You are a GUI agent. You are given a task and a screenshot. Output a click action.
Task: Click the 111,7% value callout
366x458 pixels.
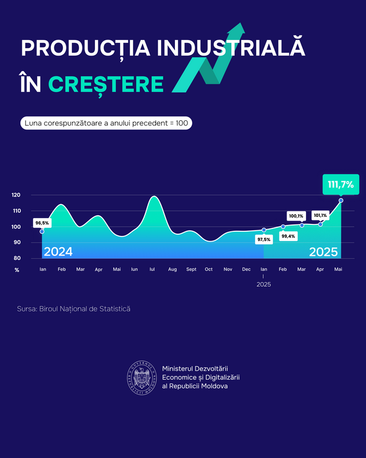pos(341,184)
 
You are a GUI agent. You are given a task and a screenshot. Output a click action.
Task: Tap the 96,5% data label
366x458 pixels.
pos(42,223)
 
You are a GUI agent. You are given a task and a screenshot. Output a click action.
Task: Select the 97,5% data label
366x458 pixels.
pos(264,239)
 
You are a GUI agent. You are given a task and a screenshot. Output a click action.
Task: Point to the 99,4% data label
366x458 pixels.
pos(288,236)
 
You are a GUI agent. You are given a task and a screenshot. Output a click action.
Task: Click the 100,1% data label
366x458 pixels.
pos(296,216)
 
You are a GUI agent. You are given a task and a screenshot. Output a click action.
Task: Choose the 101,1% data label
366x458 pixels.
pos(320,215)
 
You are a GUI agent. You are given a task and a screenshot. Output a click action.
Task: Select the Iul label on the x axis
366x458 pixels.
pos(153,269)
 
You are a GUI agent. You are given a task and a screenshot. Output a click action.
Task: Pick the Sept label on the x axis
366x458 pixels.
pos(191,269)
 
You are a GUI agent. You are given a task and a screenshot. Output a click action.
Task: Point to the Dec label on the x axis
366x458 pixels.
pos(246,269)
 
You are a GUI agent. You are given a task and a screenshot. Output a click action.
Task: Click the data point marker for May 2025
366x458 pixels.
pos(341,200)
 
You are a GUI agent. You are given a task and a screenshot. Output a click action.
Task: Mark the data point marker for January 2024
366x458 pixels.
pos(42,231)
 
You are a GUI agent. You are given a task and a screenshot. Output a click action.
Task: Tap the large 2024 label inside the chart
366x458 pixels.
pos(58,251)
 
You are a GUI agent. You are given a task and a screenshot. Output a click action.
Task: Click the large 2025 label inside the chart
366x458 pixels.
pos(323,251)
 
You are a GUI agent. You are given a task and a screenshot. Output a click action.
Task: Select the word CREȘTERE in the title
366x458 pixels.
pos(106,84)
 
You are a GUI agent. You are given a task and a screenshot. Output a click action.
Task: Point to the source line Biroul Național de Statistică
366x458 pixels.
pos(74,309)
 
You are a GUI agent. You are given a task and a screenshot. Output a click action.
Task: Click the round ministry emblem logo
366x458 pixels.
pos(141,378)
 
